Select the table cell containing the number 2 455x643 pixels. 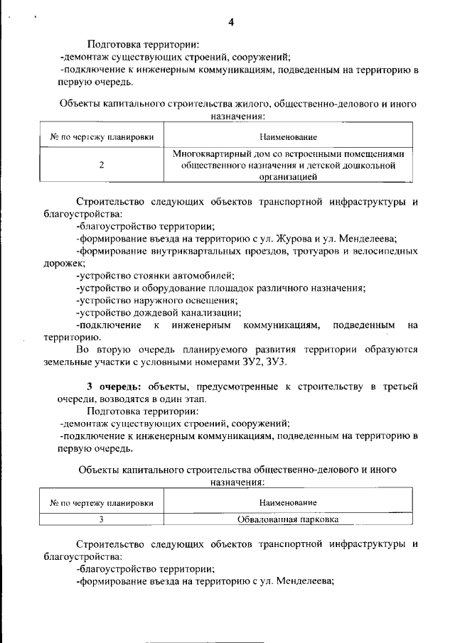102,165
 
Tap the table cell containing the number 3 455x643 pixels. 102,519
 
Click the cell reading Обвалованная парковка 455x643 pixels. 288,519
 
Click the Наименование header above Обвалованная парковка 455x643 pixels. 288,502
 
